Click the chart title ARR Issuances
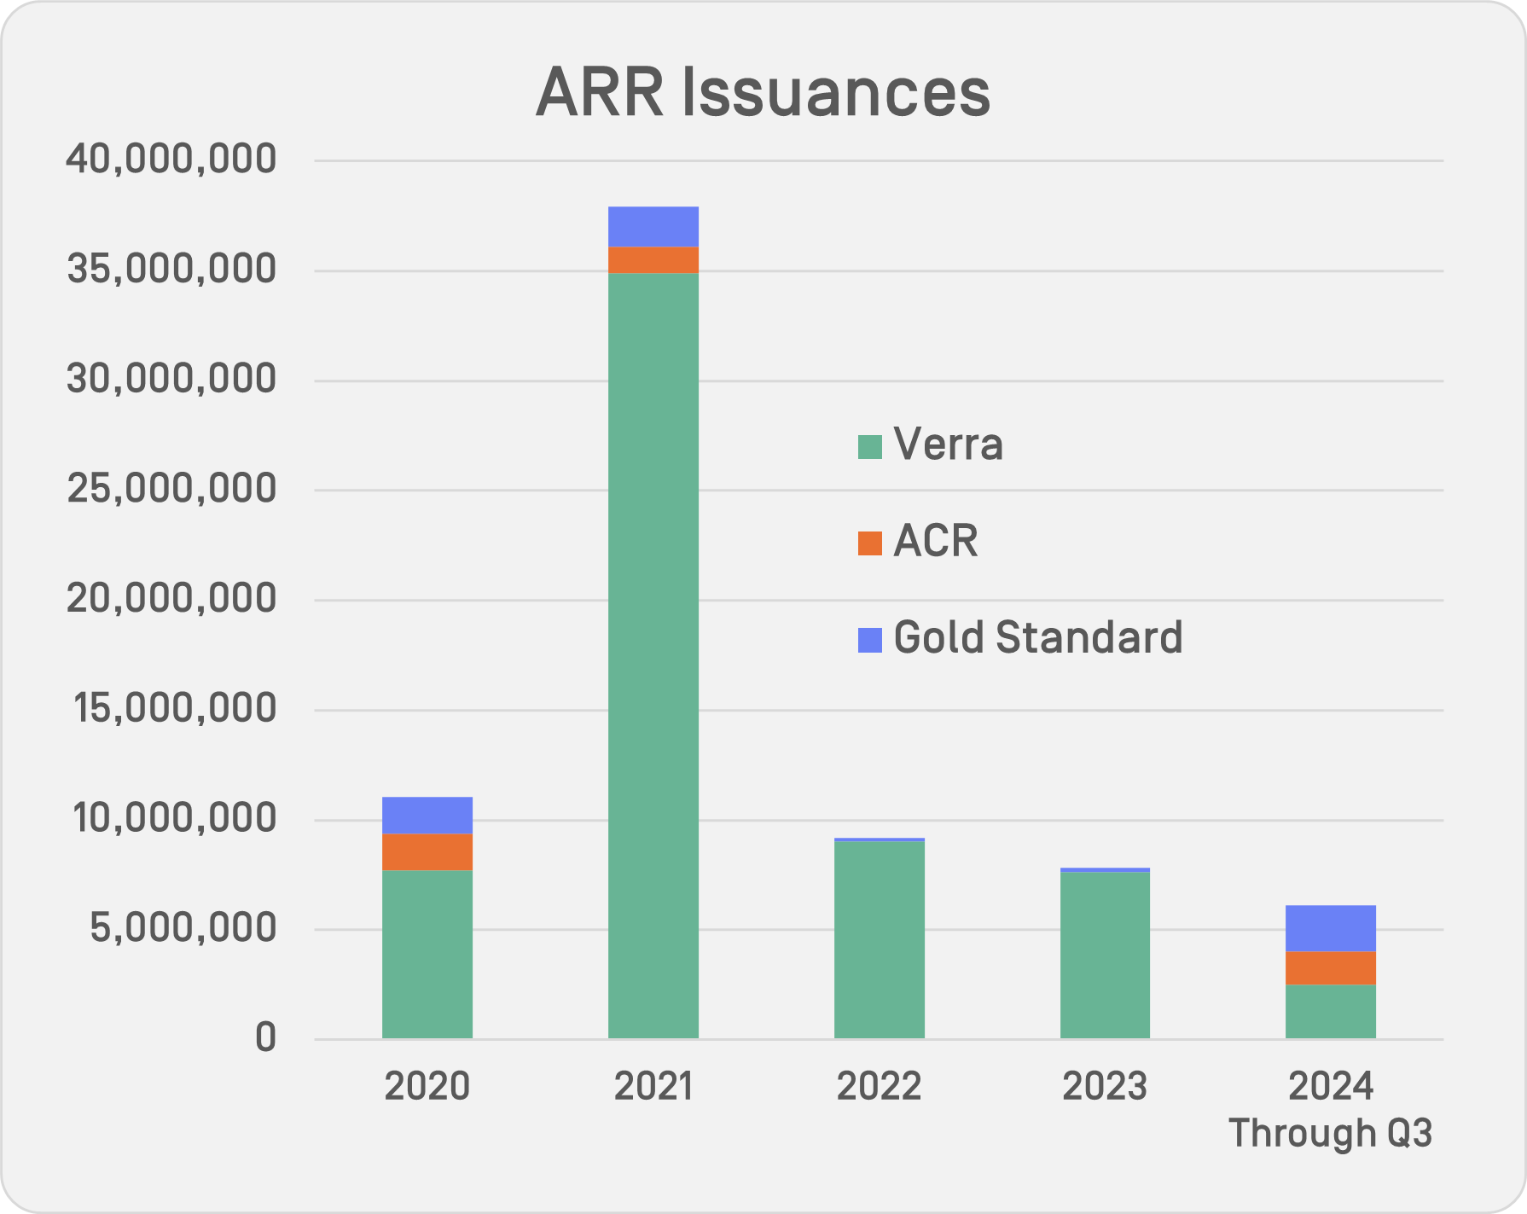[763, 92]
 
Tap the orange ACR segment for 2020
[427, 851]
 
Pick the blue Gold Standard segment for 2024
[1330, 928]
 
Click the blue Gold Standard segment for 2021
[653, 227]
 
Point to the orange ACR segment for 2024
[1330, 968]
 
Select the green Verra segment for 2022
[879, 939]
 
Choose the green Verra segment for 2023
[1105, 955]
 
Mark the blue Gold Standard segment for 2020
[427, 816]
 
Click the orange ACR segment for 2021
[653, 259]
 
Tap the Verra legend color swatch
[869, 446]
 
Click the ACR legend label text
[935, 541]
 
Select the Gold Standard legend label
[1037, 637]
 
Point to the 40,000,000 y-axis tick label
[171, 160]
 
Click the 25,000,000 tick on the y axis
[171, 490]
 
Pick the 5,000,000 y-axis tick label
[183, 929]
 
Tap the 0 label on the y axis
[265, 1038]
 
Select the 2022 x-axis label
[879, 1087]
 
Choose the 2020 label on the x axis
[427, 1087]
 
